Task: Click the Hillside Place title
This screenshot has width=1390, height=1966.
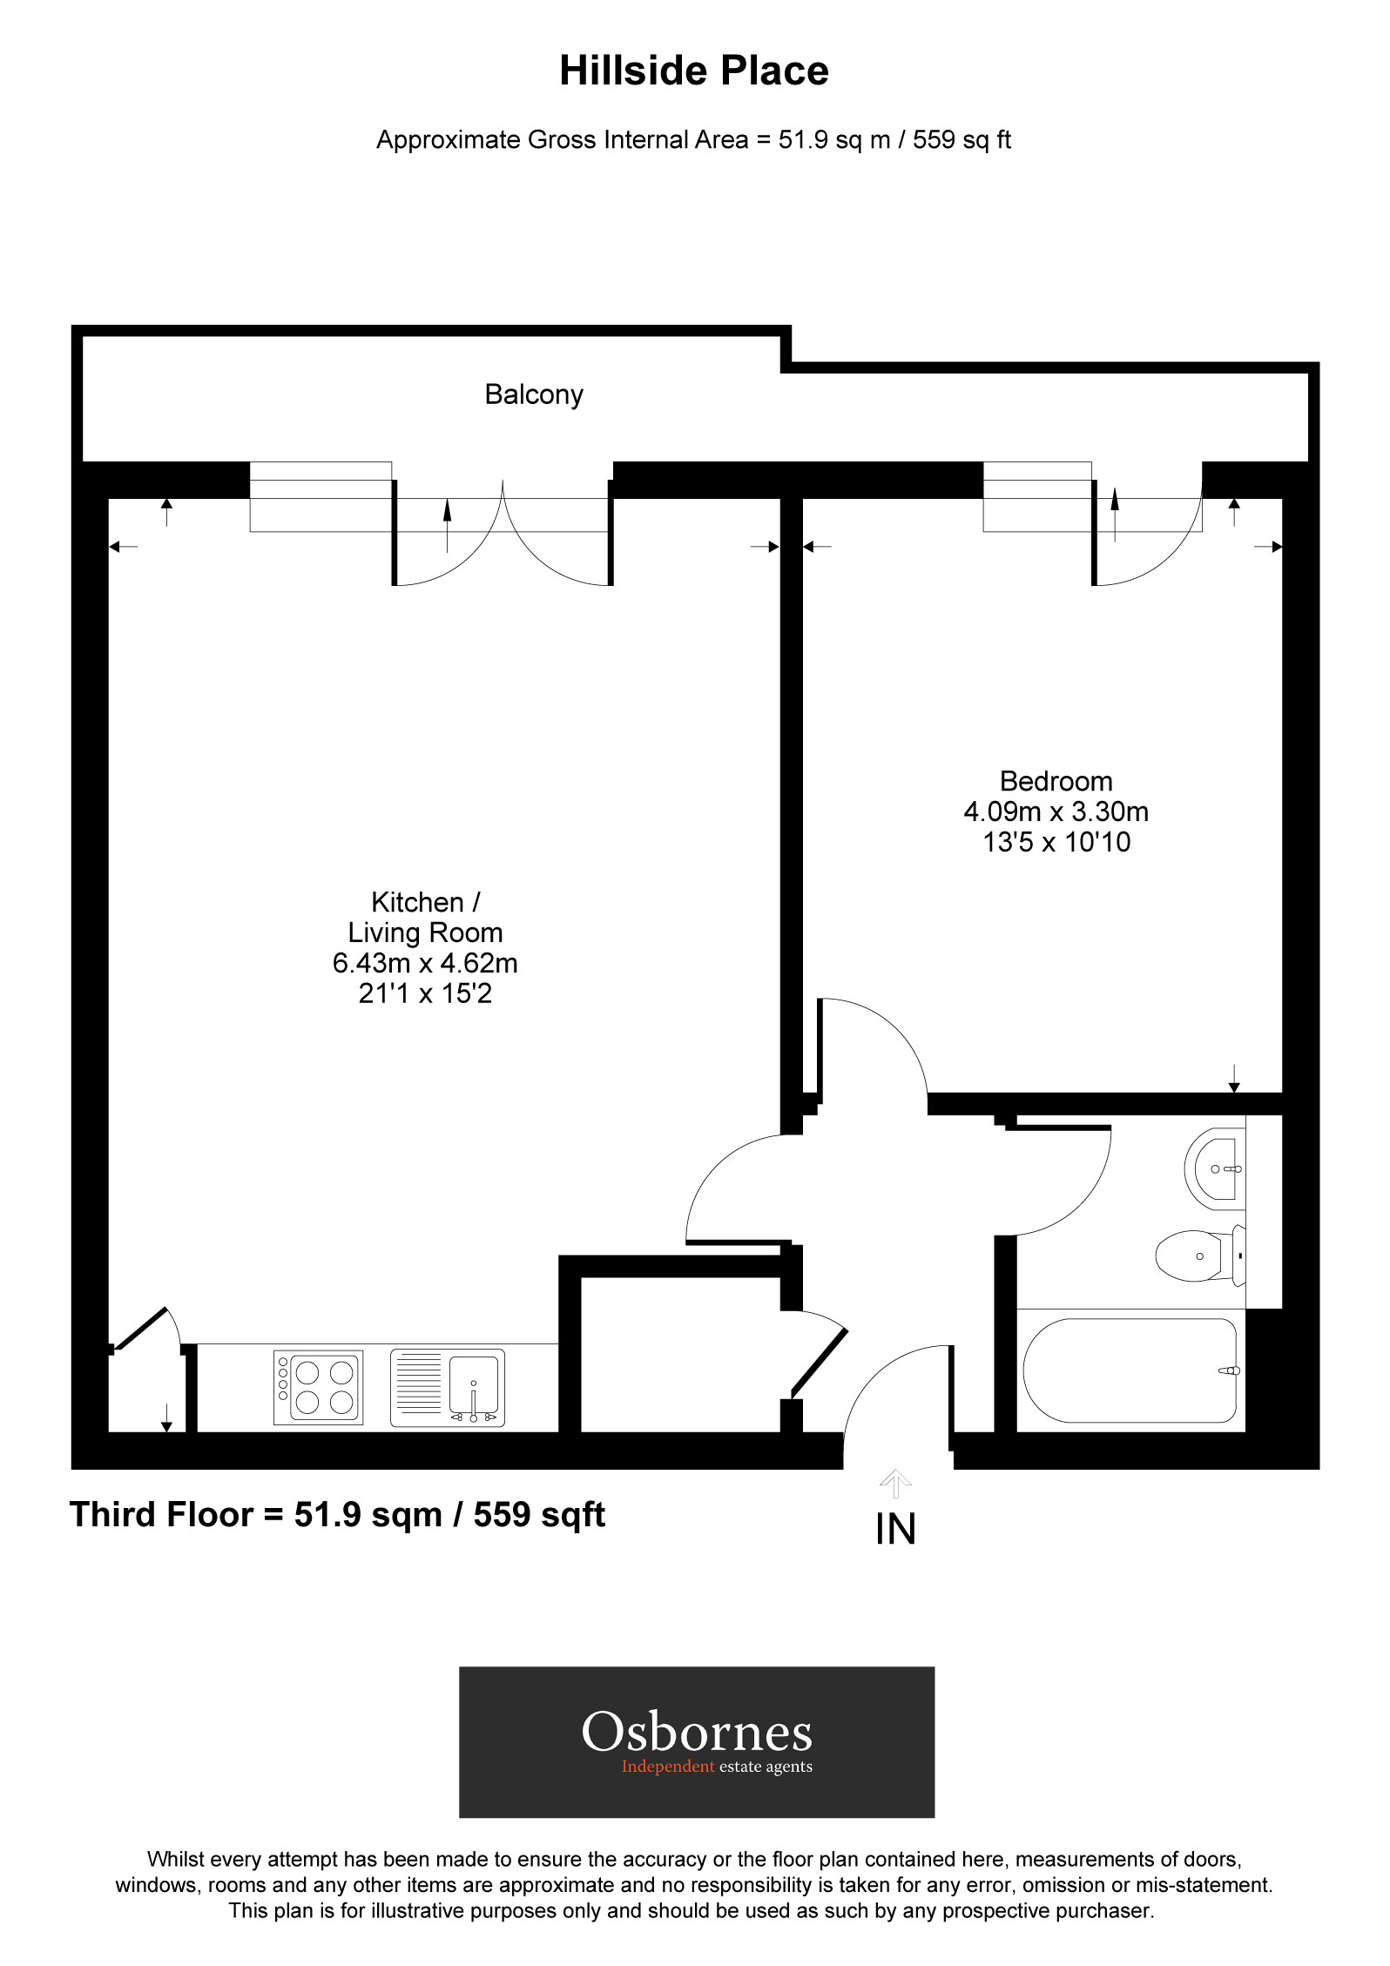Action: click(x=693, y=71)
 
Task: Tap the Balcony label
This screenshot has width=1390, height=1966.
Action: click(x=533, y=394)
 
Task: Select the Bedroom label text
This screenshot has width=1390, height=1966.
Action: click(x=1056, y=781)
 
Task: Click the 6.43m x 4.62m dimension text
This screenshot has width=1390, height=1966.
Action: click(x=425, y=963)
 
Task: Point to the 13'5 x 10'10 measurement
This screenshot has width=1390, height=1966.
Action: click(x=1056, y=842)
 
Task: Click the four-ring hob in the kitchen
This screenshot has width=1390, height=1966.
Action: click(x=318, y=1387)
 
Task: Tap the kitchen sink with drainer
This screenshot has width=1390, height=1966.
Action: click(x=447, y=1387)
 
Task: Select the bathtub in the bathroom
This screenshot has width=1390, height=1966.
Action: click(x=1130, y=1370)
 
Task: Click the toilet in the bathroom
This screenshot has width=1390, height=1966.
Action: click(x=1198, y=1256)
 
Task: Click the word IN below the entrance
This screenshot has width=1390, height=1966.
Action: click(x=895, y=1530)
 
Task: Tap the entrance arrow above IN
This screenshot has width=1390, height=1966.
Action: click(x=895, y=1481)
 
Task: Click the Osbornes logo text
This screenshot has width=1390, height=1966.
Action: click(x=697, y=1732)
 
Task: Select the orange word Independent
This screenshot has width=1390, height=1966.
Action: click(x=667, y=1767)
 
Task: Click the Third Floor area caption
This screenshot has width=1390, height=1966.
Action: click(x=337, y=1515)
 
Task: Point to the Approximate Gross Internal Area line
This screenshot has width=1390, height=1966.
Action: click(x=693, y=140)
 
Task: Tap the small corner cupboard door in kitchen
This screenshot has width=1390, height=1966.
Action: click(x=144, y=1327)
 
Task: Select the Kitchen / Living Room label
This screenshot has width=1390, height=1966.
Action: click(x=425, y=917)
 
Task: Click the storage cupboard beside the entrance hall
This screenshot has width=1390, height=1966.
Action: click(x=679, y=1354)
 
